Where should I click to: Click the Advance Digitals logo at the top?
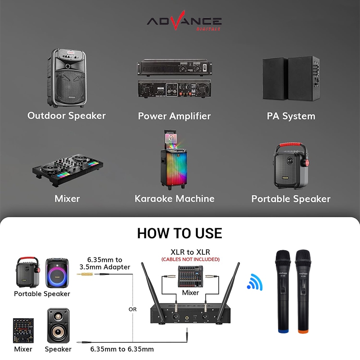point(184,22)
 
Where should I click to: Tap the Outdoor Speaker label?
point(67,116)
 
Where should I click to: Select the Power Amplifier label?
point(174,116)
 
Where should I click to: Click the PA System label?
point(291,116)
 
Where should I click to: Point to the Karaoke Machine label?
point(174,198)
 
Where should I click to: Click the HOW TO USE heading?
point(180,233)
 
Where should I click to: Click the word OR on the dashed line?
point(132,309)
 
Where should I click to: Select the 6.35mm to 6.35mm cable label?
point(122,349)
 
